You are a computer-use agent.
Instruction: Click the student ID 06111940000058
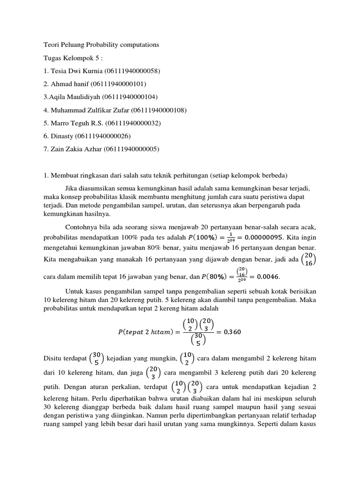pos(133,71)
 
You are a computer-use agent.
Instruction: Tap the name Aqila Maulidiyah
pos(69,97)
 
